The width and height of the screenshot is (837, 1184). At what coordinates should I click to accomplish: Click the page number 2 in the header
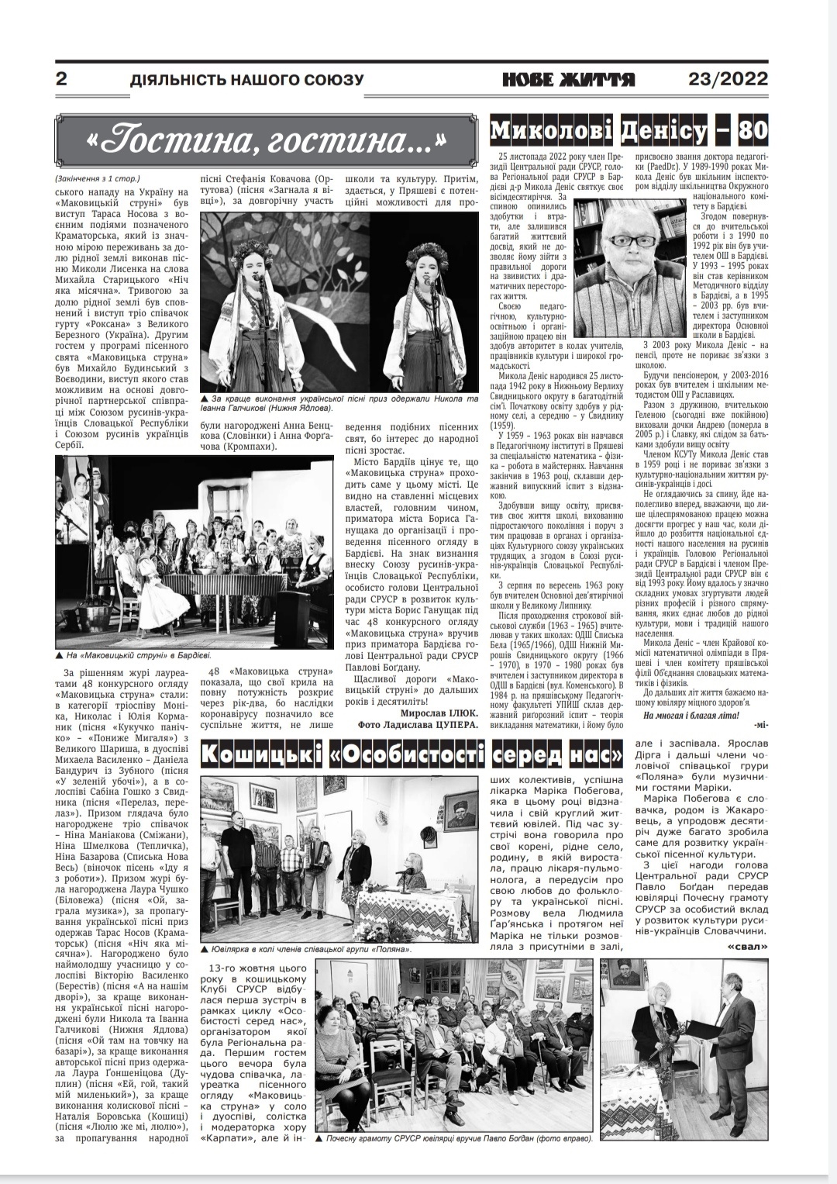pos(61,79)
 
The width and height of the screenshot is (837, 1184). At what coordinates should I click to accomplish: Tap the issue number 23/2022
pos(728,79)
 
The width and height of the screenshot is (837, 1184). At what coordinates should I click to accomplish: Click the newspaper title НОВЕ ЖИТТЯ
pos(569,79)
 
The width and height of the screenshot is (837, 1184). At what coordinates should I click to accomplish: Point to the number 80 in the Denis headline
pos(753,130)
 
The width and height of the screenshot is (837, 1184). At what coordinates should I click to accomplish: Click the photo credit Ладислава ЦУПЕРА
pos(445,724)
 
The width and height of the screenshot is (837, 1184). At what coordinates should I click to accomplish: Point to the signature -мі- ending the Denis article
pos(759,724)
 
